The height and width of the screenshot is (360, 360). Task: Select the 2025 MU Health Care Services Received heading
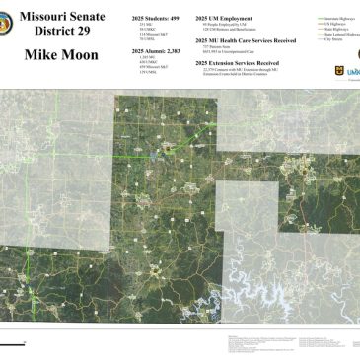[x=247, y=39]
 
